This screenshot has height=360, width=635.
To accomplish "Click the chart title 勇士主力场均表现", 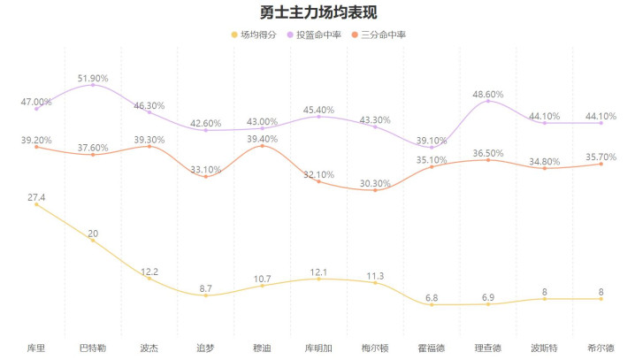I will pyautogui.click(x=317, y=13).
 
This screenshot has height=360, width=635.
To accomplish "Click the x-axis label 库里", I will pyautogui.click(x=36, y=348).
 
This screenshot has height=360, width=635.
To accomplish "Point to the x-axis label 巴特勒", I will pyautogui.click(x=93, y=348).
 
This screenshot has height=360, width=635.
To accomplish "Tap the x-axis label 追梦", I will pyautogui.click(x=206, y=348).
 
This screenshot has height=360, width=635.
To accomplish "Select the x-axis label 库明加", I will pyautogui.click(x=319, y=348).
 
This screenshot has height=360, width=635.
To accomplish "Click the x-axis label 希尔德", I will pyautogui.click(x=601, y=348).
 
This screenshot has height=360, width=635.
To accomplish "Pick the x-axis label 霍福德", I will pyautogui.click(x=432, y=348).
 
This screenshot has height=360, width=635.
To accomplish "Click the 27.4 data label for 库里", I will pyautogui.click(x=36, y=196).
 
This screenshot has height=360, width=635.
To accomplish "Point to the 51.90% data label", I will pyautogui.click(x=93, y=78).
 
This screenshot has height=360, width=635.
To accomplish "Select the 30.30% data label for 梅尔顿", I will pyautogui.click(x=375, y=183).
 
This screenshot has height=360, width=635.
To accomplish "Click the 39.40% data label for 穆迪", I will pyautogui.click(x=263, y=139).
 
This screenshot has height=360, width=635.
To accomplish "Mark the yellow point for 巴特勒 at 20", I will pyautogui.click(x=93, y=241).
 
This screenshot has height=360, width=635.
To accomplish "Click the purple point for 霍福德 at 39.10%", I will pyautogui.click(x=432, y=148).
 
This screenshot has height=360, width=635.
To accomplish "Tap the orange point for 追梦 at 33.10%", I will pyautogui.click(x=206, y=177).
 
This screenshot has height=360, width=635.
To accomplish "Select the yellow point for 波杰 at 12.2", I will pyautogui.click(x=149, y=279).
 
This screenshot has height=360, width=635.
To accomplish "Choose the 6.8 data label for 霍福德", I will pyautogui.click(x=432, y=297).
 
